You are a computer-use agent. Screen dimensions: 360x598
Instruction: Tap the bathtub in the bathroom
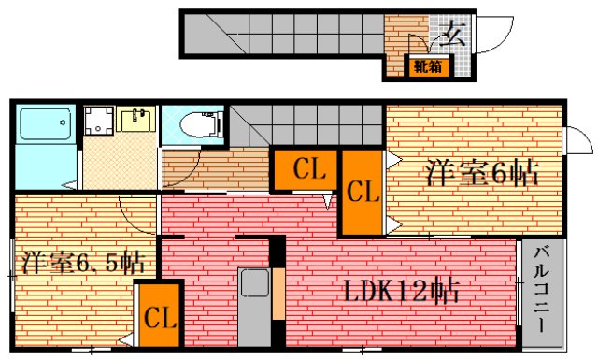tap(45, 124)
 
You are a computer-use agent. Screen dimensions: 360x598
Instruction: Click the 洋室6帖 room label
tap(482, 173)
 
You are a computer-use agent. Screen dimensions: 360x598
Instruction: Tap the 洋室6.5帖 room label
tap(82, 261)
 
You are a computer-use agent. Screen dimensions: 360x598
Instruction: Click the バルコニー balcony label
tap(541, 291)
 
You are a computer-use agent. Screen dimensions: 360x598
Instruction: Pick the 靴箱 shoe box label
tap(429, 65)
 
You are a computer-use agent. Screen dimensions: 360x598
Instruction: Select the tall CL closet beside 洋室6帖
tap(361, 193)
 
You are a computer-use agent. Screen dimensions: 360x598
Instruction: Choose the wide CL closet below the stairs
tap(307, 170)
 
